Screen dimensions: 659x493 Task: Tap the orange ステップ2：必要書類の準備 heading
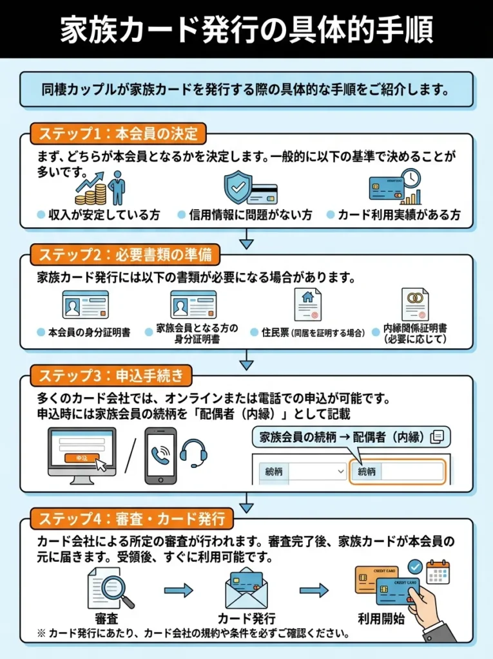coord(125,255)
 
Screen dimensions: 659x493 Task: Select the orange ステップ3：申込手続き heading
coord(111,375)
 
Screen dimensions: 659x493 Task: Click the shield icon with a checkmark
coord(239,187)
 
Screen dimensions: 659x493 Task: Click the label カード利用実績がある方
coord(399,216)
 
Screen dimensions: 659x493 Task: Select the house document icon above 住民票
coord(307,304)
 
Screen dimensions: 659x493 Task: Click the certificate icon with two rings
coord(414,304)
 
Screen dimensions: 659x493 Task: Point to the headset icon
coord(193,452)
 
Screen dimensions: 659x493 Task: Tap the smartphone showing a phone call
coord(160,456)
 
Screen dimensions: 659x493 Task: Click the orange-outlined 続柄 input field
coord(397,472)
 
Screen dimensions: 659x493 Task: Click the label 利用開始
coord(381,620)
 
